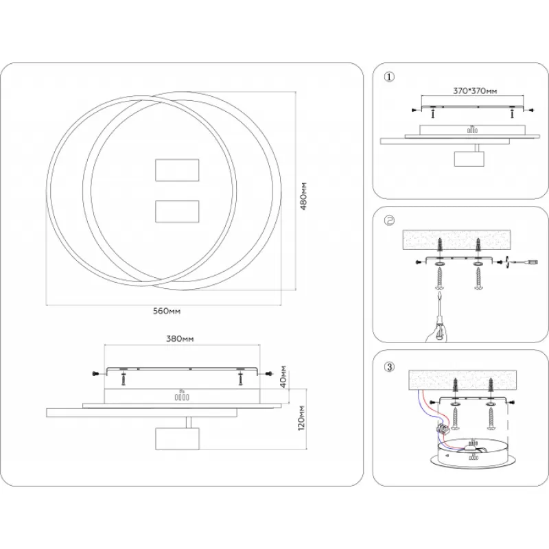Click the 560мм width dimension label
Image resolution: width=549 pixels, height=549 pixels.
[x=167, y=311]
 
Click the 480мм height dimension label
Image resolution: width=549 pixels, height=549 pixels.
[x=303, y=196]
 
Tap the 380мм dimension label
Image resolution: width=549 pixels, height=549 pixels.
[x=180, y=338]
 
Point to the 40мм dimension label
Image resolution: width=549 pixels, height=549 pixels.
[x=283, y=375]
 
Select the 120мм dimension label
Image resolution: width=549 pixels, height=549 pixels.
[x=301, y=419]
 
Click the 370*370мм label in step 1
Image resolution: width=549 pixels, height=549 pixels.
[x=475, y=91]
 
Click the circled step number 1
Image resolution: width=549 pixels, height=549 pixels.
[x=389, y=77]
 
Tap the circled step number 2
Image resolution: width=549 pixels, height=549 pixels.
[x=389, y=220]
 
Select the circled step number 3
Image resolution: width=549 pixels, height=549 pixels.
[x=389, y=367]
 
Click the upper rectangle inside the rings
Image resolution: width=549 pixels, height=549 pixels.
[x=177, y=170]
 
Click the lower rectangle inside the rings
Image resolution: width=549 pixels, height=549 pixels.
[x=177, y=211]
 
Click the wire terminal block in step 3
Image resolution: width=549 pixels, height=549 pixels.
[x=442, y=428]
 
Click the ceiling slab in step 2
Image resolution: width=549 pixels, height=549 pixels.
[x=456, y=240]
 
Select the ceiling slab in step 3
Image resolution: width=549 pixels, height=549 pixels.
[x=463, y=381]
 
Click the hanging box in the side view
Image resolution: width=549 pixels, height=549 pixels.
[x=177, y=439]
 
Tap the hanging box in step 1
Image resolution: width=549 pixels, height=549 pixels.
[x=469, y=159]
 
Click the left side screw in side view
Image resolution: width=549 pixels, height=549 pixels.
[x=95, y=374]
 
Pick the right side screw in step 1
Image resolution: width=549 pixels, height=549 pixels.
[x=531, y=110]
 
